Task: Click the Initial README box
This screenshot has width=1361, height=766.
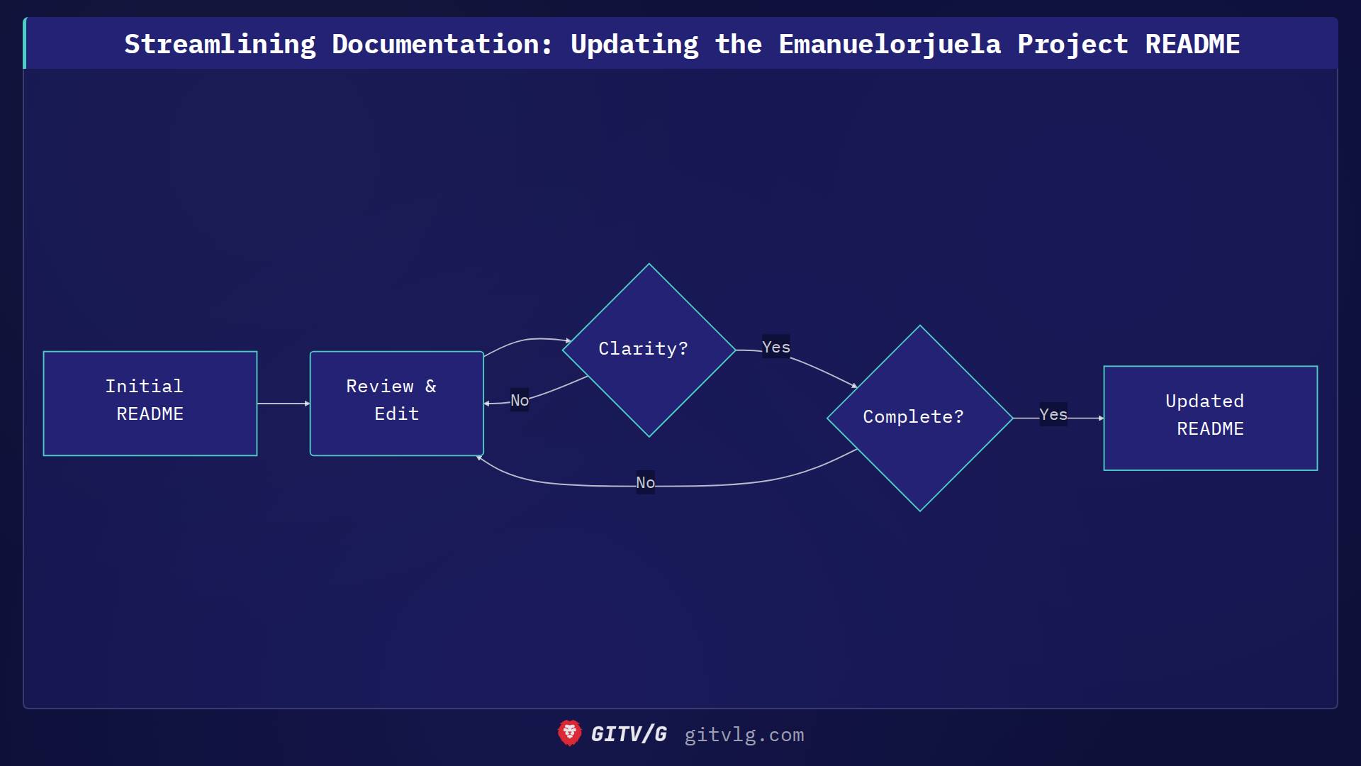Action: tap(150, 403)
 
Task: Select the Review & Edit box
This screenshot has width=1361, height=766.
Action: tap(396, 403)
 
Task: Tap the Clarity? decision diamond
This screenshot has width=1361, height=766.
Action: tap(649, 350)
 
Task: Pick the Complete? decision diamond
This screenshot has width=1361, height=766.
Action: tap(919, 418)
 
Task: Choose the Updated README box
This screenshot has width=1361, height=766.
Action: tap(1210, 418)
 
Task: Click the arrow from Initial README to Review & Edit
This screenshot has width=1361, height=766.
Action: tap(283, 404)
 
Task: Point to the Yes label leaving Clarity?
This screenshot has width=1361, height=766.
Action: tap(775, 347)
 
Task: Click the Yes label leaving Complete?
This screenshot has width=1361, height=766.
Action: tap(1053, 414)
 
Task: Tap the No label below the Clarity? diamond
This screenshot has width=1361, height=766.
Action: tap(520, 400)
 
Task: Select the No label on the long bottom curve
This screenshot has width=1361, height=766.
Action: tap(645, 482)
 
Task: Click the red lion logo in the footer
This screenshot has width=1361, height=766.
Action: tap(569, 733)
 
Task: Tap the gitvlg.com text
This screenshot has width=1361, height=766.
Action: tap(744, 735)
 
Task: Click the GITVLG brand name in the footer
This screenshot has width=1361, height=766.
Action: tap(629, 734)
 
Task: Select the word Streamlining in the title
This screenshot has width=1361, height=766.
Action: tap(220, 44)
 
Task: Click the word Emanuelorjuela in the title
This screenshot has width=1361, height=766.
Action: tap(890, 44)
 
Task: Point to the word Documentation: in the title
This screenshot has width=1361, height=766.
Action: tap(442, 44)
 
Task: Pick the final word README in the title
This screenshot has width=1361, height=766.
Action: tap(1192, 44)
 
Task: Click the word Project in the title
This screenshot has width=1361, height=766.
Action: tap(1072, 44)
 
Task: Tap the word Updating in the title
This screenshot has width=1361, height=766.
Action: tap(634, 44)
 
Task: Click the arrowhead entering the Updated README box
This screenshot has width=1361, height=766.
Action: tap(1100, 418)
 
